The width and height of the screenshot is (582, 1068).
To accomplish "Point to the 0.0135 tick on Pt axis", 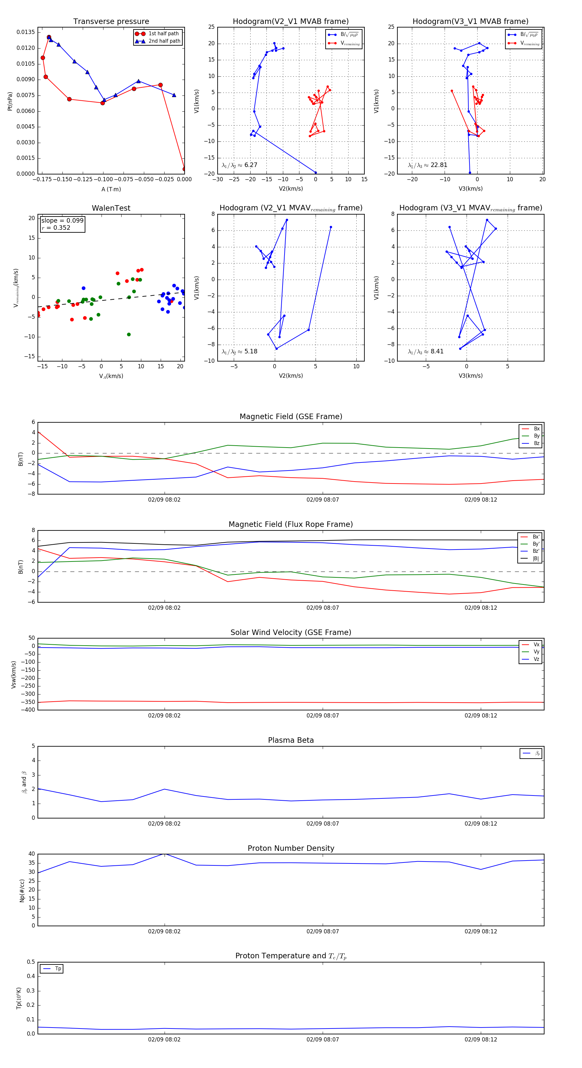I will click(26, 32).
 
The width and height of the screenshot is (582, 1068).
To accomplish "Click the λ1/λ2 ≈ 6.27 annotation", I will click(239, 165).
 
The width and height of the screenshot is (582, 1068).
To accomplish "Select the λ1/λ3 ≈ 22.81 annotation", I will click(427, 165).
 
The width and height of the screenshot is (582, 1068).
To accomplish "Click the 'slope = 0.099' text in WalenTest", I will click(62, 221).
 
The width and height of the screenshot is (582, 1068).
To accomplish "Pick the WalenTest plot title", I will click(111, 208).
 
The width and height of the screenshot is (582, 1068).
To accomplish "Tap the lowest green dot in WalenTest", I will click(129, 335).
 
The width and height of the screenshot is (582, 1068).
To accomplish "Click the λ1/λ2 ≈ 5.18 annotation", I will click(239, 351).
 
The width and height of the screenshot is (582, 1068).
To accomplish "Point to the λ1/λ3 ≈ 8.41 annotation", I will click(426, 351).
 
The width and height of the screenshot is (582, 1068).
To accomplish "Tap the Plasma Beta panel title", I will click(291, 740).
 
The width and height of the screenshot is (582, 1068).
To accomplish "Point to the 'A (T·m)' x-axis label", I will click(111, 189).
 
